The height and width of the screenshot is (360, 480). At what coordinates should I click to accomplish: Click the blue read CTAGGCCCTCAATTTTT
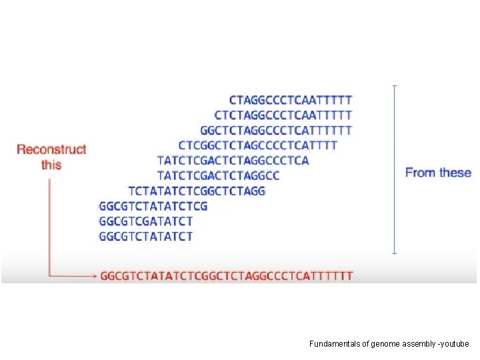pyautogui.click(x=291, y=100)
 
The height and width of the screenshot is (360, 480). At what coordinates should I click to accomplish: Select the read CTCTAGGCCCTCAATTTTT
pyautogui.click(x=283, y=115)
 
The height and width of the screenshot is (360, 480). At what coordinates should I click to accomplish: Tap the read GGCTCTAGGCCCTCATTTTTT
pyautogui.click(x=276, y=130)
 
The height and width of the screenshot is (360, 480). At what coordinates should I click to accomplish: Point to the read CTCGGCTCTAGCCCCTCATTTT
pyautogui.click(x=257, y=145)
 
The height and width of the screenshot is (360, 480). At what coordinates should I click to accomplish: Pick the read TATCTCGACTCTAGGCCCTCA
pyautogui.click(x=233, y=161)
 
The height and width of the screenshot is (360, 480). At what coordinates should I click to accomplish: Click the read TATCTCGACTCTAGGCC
pyautogui.click(x=218, y=176)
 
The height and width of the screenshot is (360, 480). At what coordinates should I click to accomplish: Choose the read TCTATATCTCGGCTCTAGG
pyautogui.click(x=196, y=191)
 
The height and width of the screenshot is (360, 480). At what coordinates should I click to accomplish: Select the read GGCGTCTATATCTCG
pyautogui.click(x=153, y=206)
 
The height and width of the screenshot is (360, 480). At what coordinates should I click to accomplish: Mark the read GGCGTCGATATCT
pyautogui.click(x=146, y=221)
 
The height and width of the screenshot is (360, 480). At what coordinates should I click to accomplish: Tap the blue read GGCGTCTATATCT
pyautogui.click(x=146, y=236)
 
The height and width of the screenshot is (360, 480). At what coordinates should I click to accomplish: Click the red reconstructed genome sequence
pyautogui.click(x=227, y=275)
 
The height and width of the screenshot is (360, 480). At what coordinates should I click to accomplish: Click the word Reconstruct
pyautogui.click(x=51, y=149)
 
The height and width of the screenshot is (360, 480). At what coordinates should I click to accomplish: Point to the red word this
pyautogui.click(x=51, y=164)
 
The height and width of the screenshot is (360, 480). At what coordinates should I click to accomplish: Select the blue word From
pyautogui.click(x=420, y=173)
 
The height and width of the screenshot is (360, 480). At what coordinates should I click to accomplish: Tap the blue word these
pyautogui.click(x=455, y=173)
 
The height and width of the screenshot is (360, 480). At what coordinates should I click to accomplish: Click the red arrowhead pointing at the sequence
pyautogui.click(x=94, y=275)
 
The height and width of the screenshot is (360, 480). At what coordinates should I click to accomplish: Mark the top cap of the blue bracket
pyautogui.click(x=395, y=86)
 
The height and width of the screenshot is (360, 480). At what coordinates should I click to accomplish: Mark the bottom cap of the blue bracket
pyautogui.click(x=395, y=253)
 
